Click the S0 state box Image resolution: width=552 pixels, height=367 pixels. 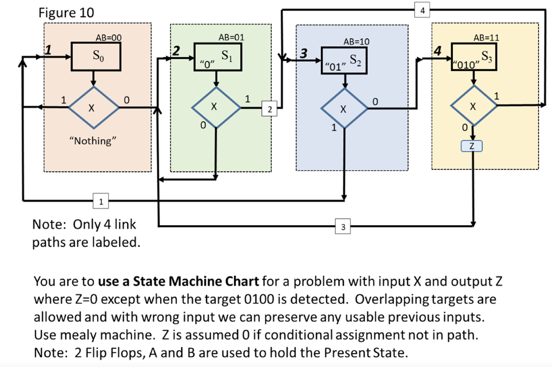(x=96, y=56)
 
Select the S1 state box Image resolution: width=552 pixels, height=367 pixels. (x=217, y=58)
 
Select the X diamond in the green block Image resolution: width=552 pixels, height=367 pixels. (x=216, y=107)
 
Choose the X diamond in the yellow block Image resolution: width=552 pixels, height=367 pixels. (x=473, y=107)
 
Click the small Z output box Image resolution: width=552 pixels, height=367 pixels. (x=473, y=146)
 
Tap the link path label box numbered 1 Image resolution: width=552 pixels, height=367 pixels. (x=101, y=202)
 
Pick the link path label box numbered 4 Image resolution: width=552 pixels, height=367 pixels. (x=422, y=10)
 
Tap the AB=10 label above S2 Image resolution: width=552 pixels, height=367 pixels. (x=356, y=41)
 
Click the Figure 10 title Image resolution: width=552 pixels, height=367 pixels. (x=66, y=13)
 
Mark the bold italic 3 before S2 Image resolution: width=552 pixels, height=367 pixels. (x=304, y=53)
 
